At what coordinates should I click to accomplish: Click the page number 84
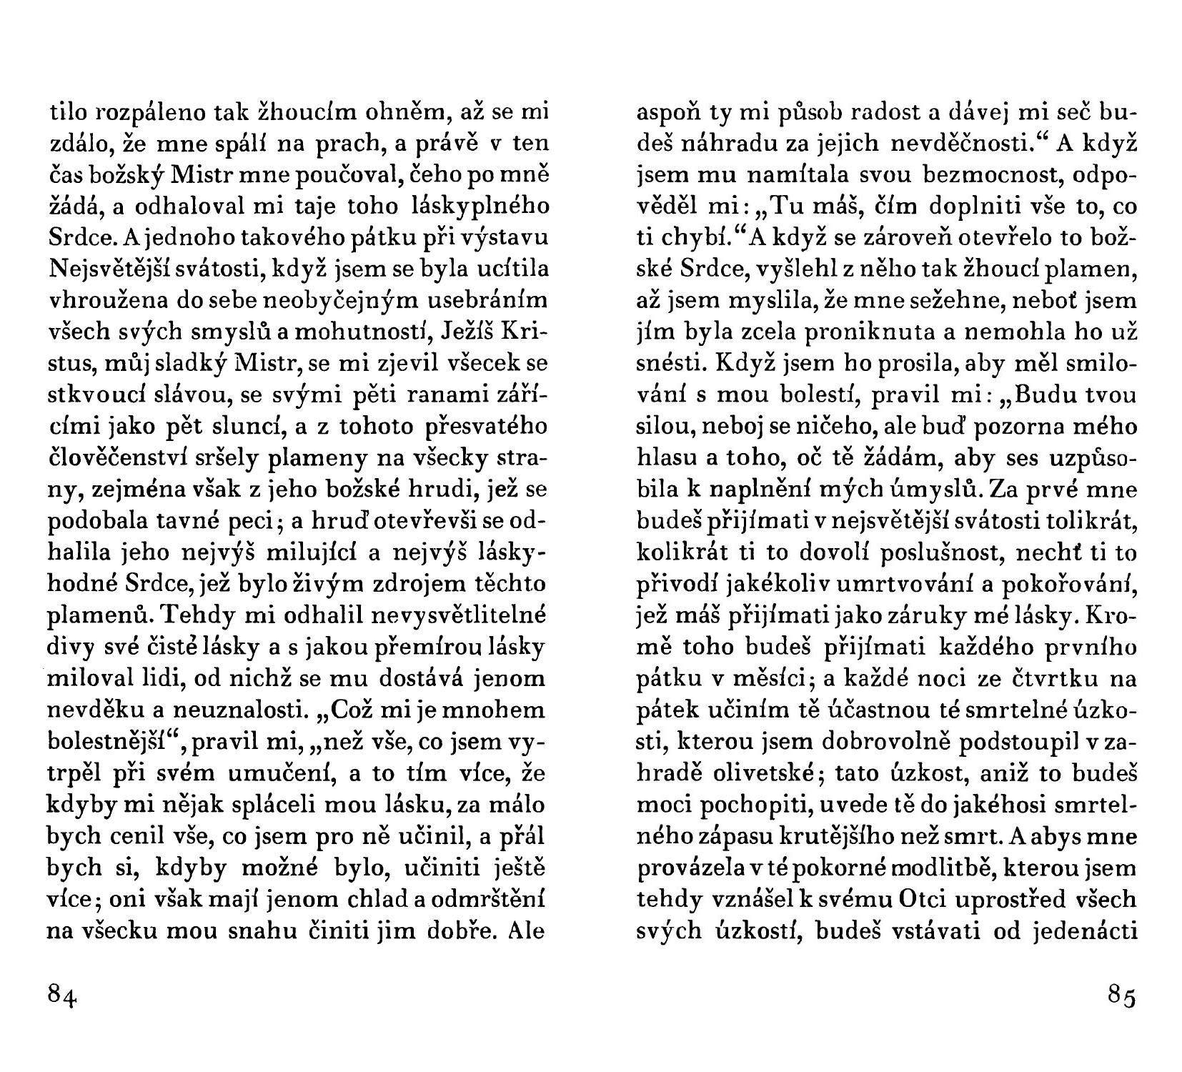click(62, 995)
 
